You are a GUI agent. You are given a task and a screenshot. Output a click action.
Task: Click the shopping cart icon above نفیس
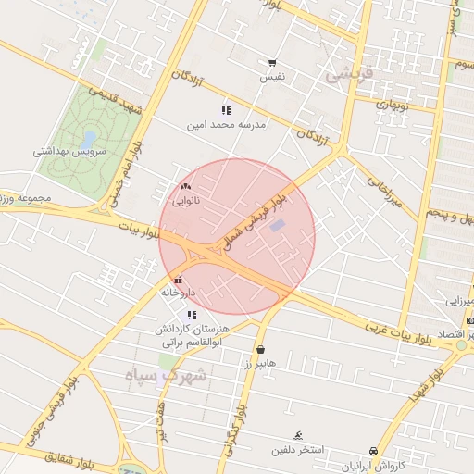point(272,64)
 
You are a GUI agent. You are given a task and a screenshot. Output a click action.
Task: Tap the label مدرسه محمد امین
point(227,123)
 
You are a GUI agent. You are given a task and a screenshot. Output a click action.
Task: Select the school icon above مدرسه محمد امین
point(226,110)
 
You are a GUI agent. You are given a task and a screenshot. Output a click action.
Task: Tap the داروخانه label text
point(179,293)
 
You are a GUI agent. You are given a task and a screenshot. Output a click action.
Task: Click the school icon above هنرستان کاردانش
point(192,315)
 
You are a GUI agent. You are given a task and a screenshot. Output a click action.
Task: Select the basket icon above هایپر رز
point(261,350)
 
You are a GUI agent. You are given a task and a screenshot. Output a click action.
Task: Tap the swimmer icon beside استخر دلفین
point(298,435)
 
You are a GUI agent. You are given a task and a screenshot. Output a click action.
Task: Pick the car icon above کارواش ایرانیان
point(373,451)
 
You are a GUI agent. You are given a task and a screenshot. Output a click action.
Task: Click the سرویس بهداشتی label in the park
point(70,150)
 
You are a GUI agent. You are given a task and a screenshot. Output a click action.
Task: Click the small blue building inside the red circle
point(278,225)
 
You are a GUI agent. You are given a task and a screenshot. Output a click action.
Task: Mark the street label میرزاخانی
point(382,193)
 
